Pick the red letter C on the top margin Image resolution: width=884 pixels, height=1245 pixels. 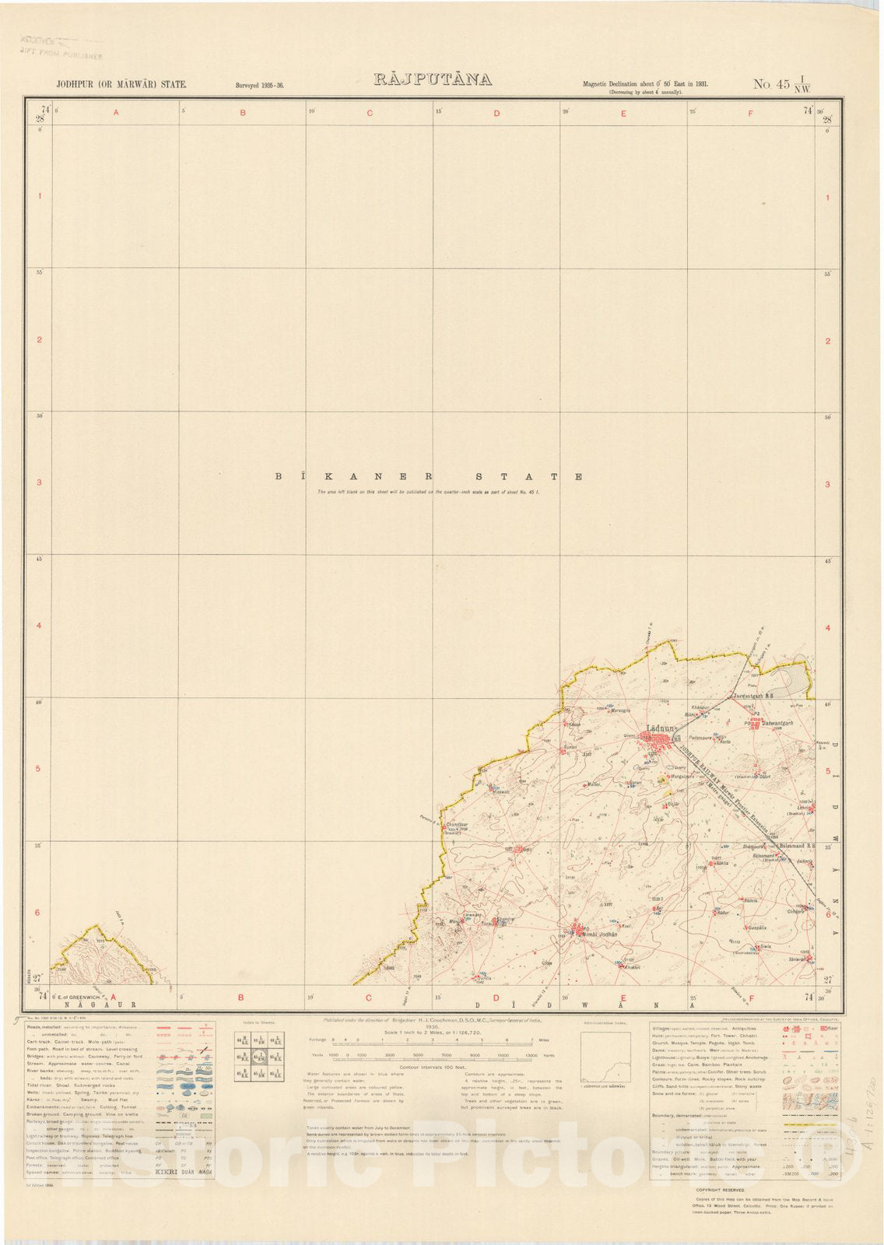tap(370, 114)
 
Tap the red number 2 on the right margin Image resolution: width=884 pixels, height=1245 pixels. tap(827, 341)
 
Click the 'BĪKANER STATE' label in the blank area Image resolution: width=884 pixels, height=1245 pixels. tap(429, 476)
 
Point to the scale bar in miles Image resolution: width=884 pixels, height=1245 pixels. tap(436, 1040)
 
